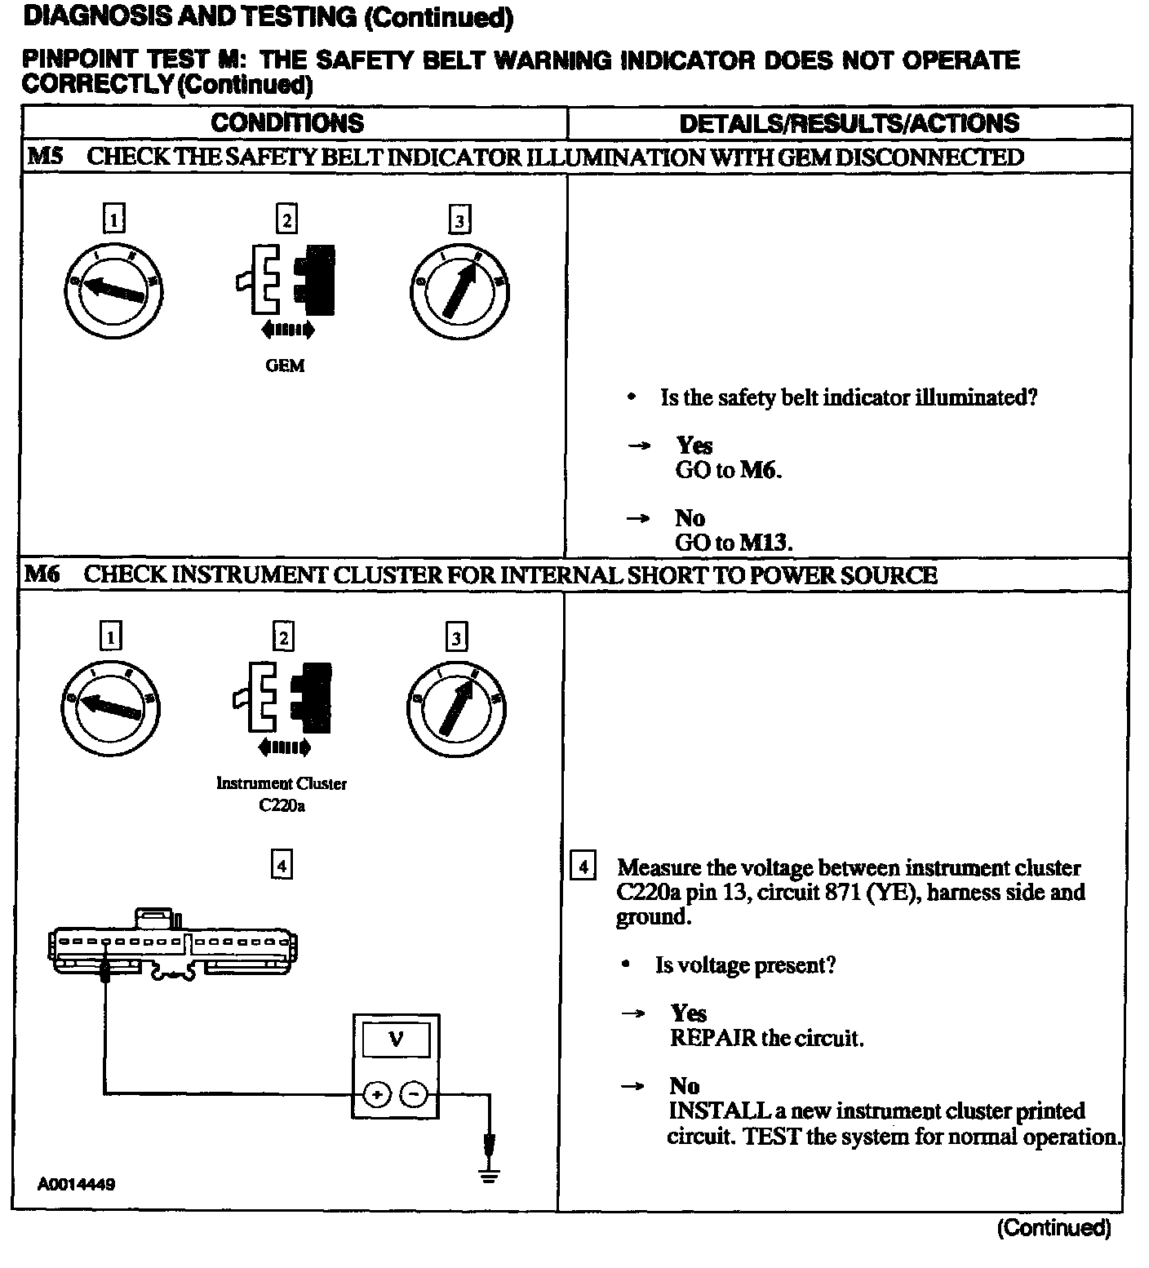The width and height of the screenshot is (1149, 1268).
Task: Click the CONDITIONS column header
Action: click(286, 123)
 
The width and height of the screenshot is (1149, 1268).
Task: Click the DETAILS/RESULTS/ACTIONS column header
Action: click(849, 123)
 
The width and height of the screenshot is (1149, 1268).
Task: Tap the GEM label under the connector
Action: click(285, 366)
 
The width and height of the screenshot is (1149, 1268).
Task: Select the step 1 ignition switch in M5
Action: click(113, 287)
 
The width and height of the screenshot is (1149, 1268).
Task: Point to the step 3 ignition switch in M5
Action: click(459, 290)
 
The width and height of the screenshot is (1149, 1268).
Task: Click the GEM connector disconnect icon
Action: click(285, 282)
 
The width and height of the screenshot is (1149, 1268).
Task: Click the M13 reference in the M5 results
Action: click(765, 543)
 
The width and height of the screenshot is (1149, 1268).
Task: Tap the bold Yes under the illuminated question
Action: click(694, 446)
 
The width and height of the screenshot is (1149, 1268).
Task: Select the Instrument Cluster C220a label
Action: click(282, 794)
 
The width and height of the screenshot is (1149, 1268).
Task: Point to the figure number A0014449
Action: click(76, 1184)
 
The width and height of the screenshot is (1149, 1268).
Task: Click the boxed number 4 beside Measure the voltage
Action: click(582, 866)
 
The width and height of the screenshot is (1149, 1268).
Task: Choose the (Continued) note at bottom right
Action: click(1053, 1227)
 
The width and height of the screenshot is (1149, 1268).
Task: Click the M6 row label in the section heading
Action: click(42, 574)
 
